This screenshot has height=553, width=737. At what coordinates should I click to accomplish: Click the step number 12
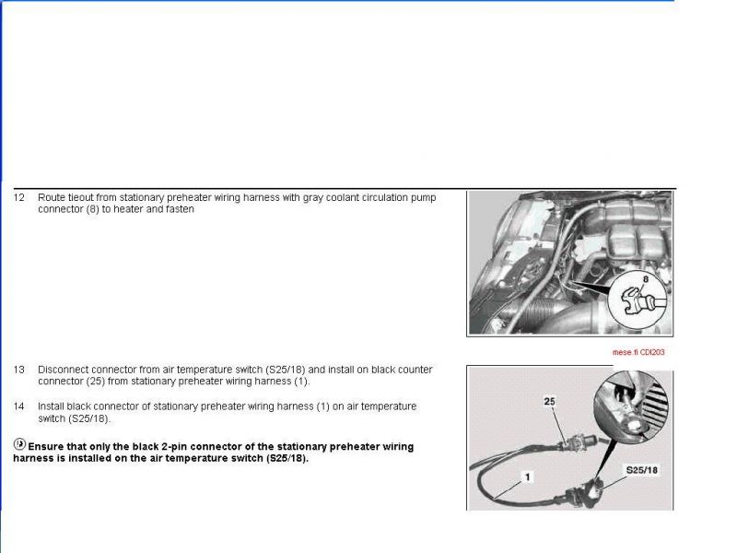(18, 197)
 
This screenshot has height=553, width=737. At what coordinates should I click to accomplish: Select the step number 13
(18, 370)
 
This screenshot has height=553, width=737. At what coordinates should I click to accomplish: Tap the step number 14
(18, 406)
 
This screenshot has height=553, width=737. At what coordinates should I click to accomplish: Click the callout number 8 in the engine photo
(646, 279)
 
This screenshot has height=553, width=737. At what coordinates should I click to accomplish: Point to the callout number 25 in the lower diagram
(549, 401)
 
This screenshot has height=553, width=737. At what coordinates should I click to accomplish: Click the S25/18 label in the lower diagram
(641, 470)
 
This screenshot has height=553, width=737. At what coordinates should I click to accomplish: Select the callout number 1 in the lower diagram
(527, 477)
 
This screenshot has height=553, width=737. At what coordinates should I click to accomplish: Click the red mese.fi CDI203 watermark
(638, 352)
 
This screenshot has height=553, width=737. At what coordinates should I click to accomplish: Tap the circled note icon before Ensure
(19, 443)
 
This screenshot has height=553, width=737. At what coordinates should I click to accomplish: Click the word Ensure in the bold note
(46, 447)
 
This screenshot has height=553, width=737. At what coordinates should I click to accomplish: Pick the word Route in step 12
(52, 197)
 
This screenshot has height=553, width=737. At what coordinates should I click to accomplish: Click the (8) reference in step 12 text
(93, 209)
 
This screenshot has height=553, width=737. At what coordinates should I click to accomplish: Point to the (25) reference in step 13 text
(96, 382)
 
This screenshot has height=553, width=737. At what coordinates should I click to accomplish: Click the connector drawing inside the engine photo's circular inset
(641, 301)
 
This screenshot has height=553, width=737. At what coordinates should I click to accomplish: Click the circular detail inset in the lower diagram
(631, 406)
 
